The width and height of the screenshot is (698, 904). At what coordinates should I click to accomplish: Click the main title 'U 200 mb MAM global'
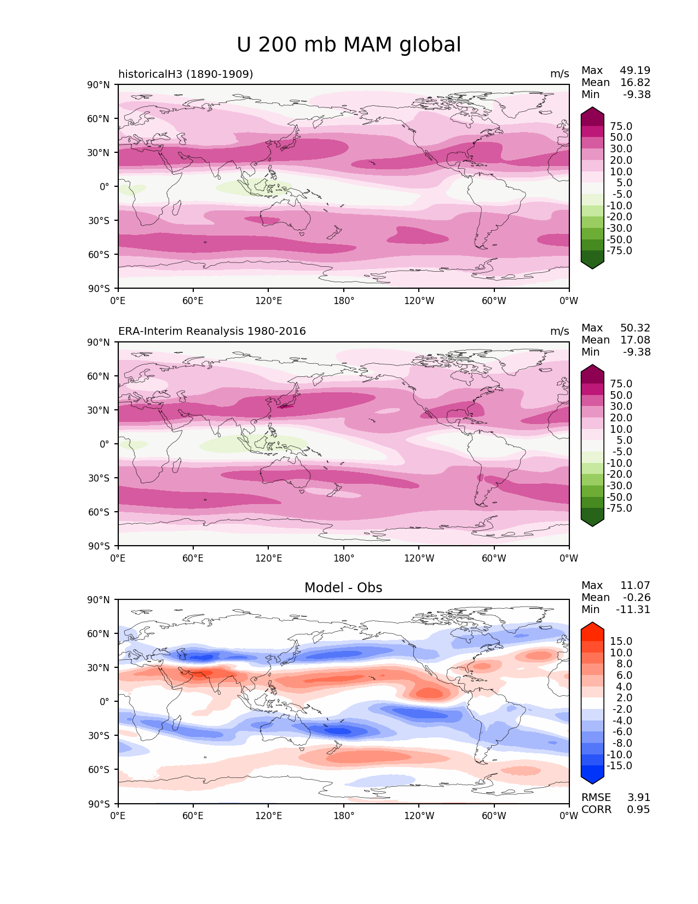tap(349, 45)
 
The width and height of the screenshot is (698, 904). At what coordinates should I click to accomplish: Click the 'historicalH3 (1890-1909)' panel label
tap(186, 74)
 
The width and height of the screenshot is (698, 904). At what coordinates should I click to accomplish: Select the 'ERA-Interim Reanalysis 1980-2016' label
tap(212, 331)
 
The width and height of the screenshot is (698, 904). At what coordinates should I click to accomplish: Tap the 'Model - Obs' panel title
tap(343, 588)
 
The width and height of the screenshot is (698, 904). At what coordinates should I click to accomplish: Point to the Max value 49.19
tap(635, 71)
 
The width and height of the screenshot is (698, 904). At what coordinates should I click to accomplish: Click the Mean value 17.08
tap(635, 340)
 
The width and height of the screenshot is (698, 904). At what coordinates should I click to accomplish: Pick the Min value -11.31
tap(633, 610)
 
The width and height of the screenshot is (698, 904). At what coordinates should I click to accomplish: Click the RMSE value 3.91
tap(638, 798)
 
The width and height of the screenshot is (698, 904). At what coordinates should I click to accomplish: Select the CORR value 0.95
tap(638, 810)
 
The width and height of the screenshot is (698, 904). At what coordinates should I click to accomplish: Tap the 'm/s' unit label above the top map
tap(559, 74)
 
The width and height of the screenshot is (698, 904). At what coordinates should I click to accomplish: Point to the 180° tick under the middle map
tap(344, 558)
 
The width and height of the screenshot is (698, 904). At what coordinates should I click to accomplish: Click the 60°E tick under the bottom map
tap(193, 816)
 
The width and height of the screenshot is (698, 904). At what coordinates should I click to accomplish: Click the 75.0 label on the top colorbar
tap(621, 127)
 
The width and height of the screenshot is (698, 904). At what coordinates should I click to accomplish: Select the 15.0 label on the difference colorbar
tap(621, 642)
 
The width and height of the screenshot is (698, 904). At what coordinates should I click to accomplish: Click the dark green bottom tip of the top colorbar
tap(592, 266)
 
